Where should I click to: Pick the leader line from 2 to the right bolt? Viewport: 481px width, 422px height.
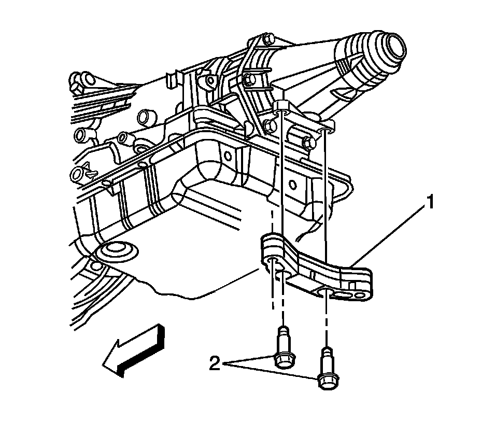click(x=275, y=373)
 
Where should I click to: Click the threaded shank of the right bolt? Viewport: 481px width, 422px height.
click(x=326, y=358)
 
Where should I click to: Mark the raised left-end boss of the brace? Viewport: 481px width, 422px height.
click(x=271, y=244)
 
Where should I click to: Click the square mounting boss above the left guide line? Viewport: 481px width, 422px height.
click(x=282, y=106)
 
